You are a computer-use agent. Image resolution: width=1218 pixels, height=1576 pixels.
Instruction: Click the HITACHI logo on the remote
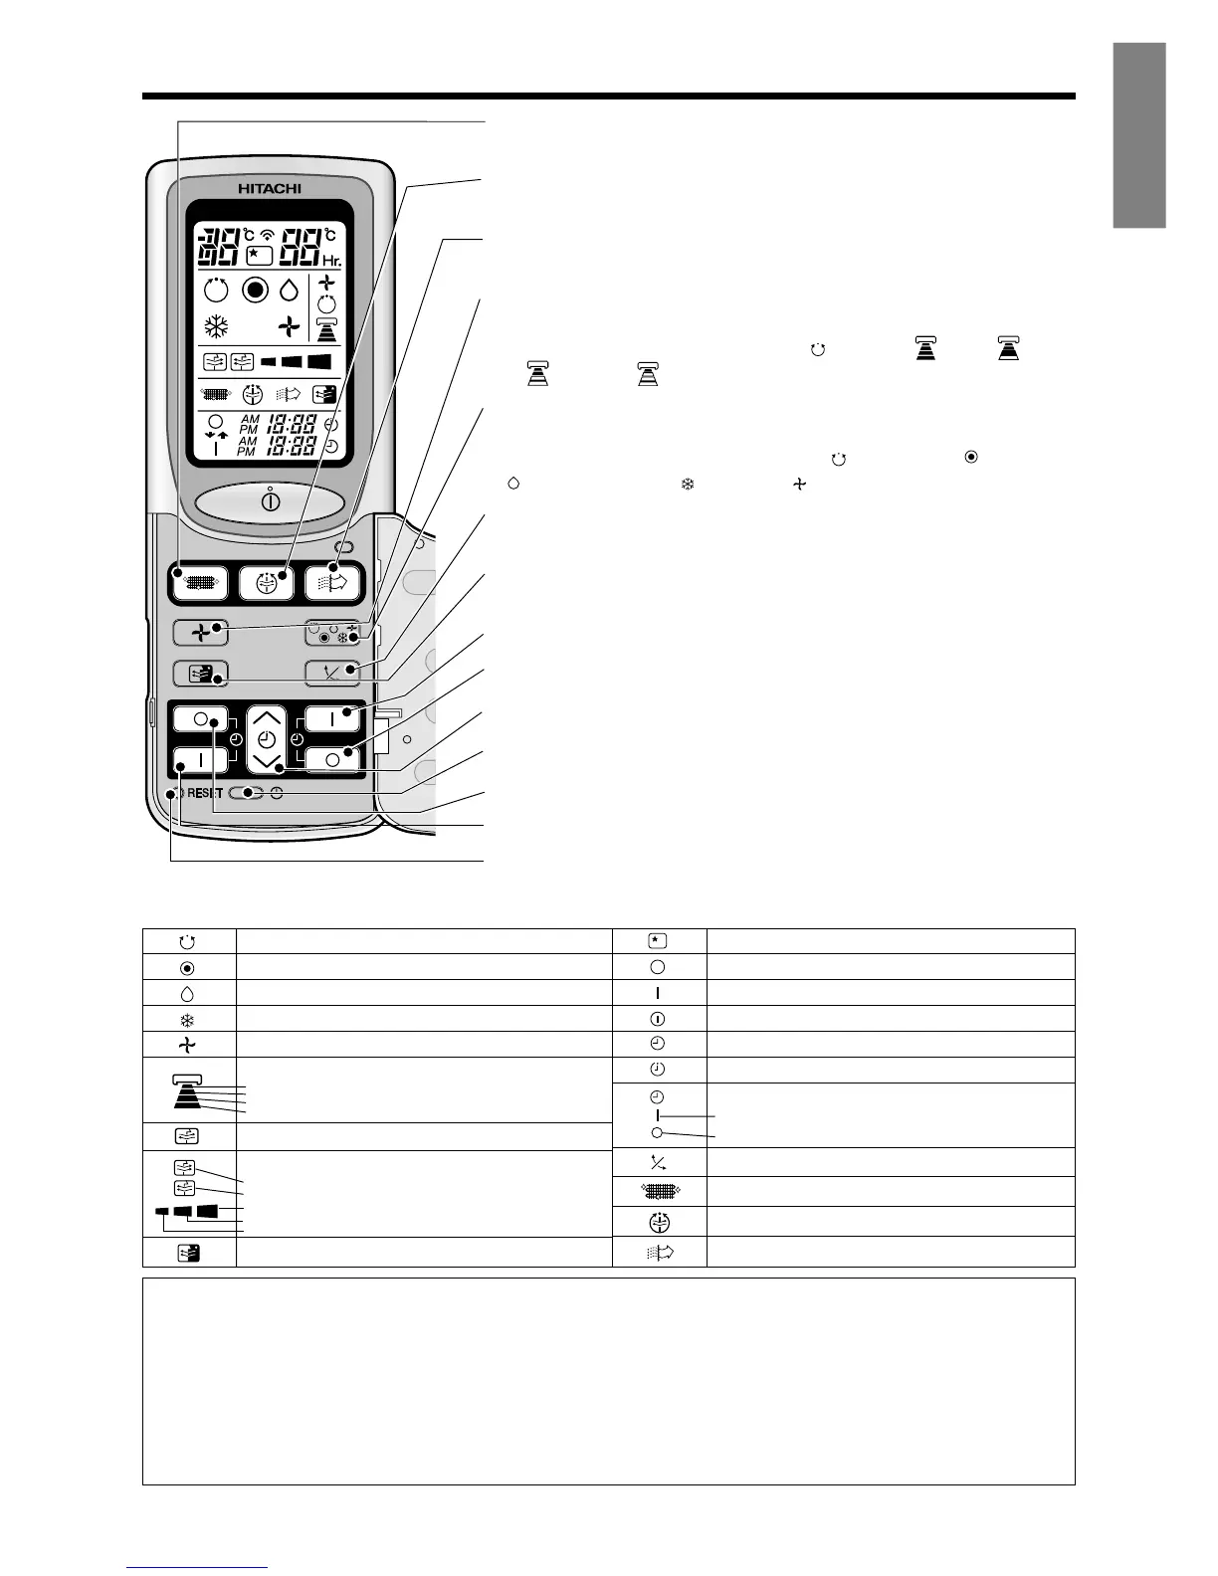click(269, 188)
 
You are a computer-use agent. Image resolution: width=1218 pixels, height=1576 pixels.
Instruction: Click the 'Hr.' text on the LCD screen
click(330, 262)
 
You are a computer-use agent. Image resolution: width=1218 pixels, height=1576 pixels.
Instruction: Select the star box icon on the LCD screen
click(259, 255)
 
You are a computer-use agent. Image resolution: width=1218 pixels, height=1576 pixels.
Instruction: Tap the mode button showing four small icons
click(332, 632)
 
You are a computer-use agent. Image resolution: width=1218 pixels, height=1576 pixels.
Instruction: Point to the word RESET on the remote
click(204, 794)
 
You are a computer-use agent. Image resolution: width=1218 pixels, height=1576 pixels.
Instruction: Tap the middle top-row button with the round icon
click(267, 582)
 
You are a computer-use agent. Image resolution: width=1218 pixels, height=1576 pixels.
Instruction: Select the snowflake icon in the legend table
click(188, 1019)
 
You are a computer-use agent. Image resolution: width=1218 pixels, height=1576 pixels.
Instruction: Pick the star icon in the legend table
click(657, 940)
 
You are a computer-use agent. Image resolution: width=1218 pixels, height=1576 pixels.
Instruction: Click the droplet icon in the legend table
click(188, 993)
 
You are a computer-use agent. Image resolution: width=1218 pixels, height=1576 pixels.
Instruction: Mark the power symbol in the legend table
click(657, 1019)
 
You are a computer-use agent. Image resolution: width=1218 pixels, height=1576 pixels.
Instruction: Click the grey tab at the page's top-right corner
click(1138, 135)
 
